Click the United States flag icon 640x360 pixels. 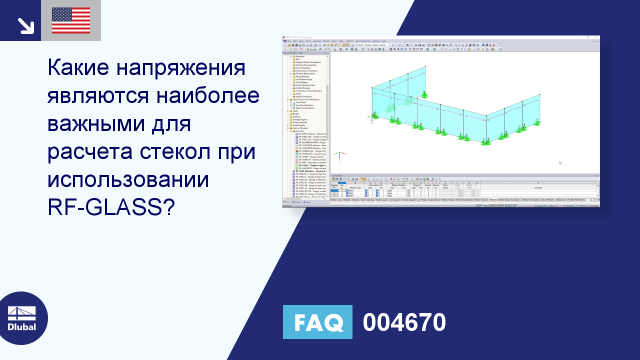coord(71,20)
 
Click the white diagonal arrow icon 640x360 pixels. coord(25,25)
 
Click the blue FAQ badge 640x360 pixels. coord(317,322)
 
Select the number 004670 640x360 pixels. coord(404,322)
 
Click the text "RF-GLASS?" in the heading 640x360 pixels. coord(111,206)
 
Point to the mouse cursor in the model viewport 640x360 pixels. coord(560,162)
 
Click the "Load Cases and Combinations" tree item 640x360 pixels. coord(306,99)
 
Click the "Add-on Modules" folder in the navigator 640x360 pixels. coord(301,128)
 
